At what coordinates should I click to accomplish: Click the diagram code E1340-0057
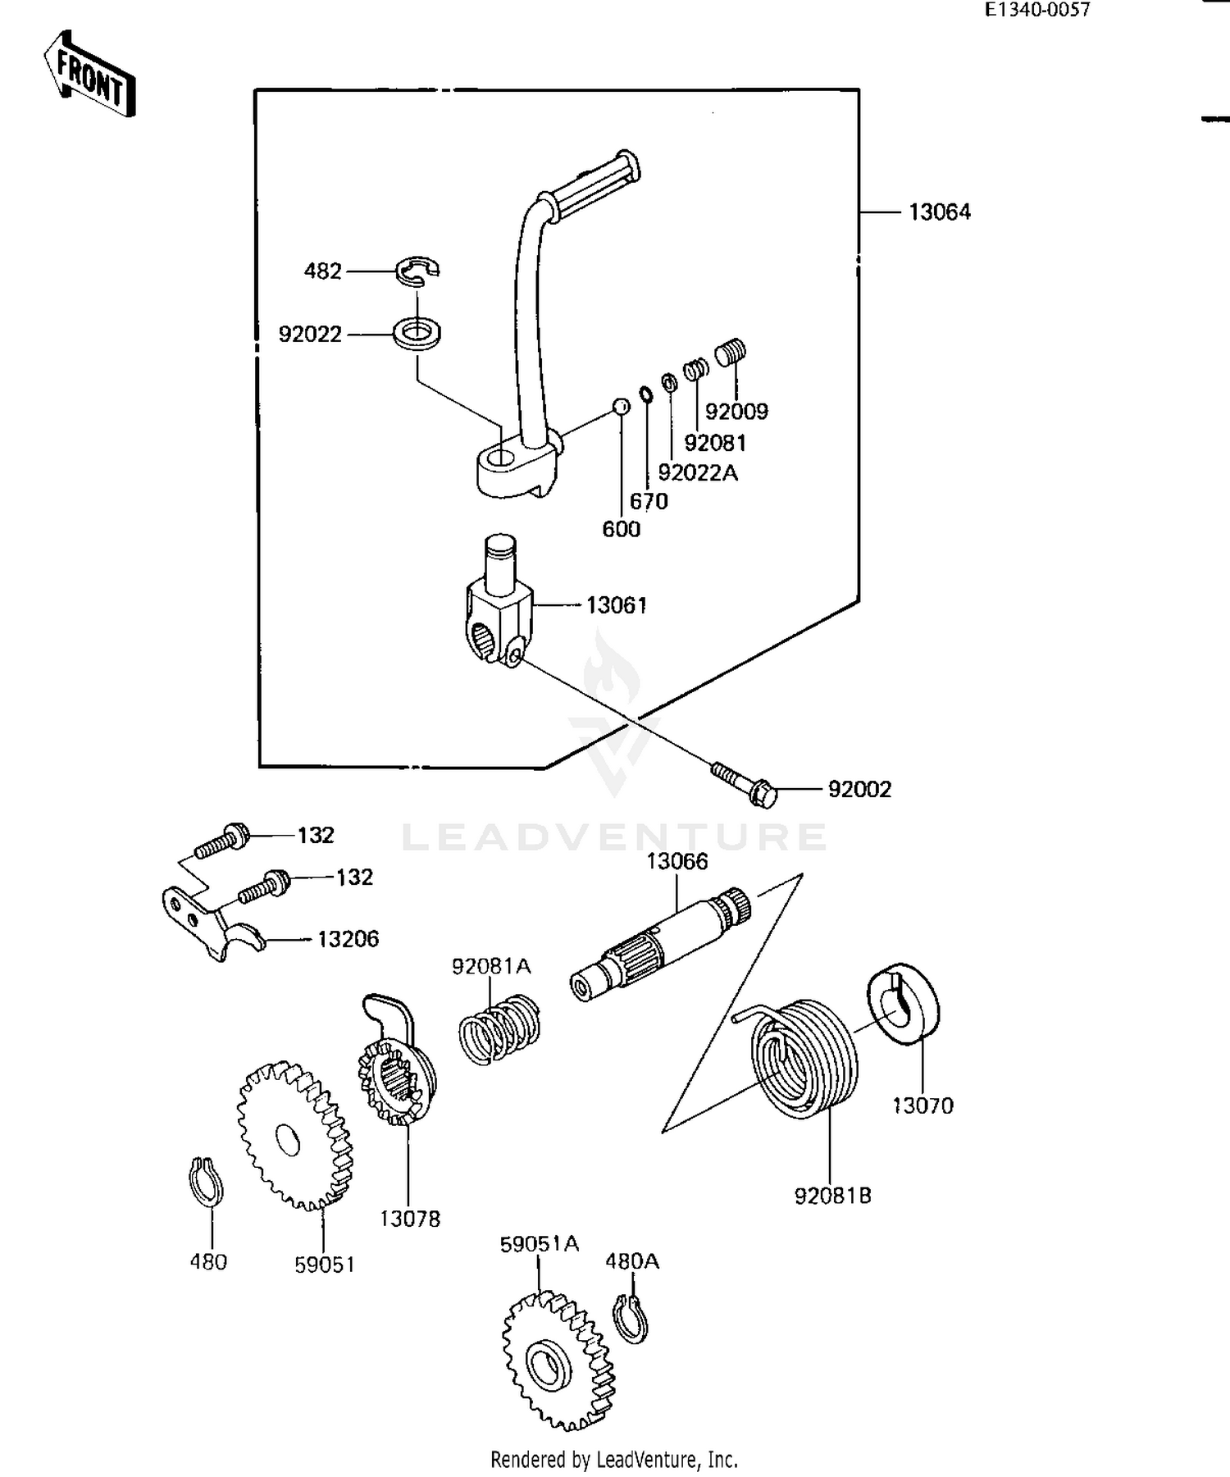pyautogui.click(x=1037, y=10)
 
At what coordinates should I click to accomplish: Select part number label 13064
pyautogui.click(x=939, y=212)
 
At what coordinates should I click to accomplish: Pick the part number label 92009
pyautogui.click(x=736, y=412)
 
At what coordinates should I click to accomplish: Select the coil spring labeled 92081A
pyautogui.click(x=498, y=1029)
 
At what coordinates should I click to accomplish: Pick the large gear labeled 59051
pyautogui.click(x=294, y=1136)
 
